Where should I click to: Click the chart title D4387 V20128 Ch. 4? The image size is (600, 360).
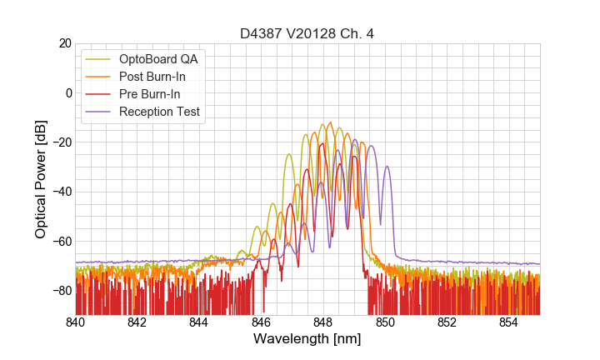307,33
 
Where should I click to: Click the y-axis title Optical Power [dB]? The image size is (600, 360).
41,178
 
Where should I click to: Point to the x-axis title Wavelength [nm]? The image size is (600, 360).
307,339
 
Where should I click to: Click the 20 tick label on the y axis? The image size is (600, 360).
62,43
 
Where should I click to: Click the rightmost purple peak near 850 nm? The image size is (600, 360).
387,167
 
